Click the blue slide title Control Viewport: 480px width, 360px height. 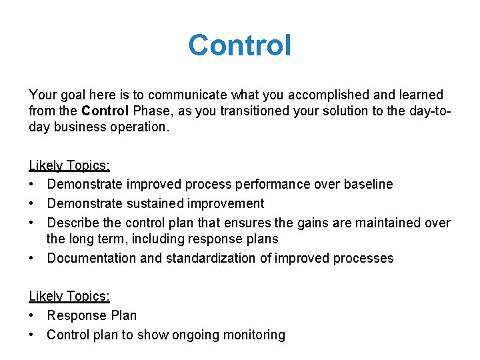pos(239,45)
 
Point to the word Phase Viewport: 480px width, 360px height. pos(151,110)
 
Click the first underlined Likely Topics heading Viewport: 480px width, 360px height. pos(69,165)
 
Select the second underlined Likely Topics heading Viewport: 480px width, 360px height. pos(69,296)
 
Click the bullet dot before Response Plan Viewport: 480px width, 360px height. pos(33,315)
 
